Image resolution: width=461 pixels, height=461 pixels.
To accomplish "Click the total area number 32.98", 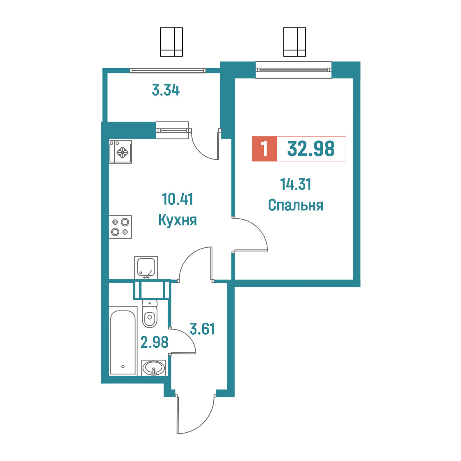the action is coord(311,148).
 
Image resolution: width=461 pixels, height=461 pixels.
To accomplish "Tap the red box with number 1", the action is coord(264,149).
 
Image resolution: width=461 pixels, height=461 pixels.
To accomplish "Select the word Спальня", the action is coord(295,205).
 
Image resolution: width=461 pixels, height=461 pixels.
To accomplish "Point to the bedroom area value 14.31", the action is coord(295,184).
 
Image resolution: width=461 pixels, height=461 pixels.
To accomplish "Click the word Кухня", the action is coord(178,220).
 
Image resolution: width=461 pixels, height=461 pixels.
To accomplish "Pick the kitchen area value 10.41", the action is coord(178,199).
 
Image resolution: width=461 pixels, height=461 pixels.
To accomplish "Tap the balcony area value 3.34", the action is coord(166,90).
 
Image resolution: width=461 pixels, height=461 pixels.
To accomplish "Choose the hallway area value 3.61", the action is coord(202,329).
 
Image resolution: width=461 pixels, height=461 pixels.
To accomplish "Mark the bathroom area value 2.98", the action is coord(154,342).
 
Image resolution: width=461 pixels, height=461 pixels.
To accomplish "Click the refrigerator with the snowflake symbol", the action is coord(120,151).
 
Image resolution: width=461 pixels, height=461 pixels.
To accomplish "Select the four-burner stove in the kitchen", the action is coord(120,227).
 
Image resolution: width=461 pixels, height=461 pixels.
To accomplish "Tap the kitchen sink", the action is coord(146,267).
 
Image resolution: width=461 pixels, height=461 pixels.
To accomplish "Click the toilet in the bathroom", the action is coord(150,314).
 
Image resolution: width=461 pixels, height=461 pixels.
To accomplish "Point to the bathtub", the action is coord(123,341).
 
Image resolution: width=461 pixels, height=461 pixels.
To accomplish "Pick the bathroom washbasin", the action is coord(153,368).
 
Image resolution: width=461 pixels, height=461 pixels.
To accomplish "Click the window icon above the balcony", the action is coord(171,42).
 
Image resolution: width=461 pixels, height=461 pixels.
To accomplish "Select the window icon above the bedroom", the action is coord(294,42).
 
